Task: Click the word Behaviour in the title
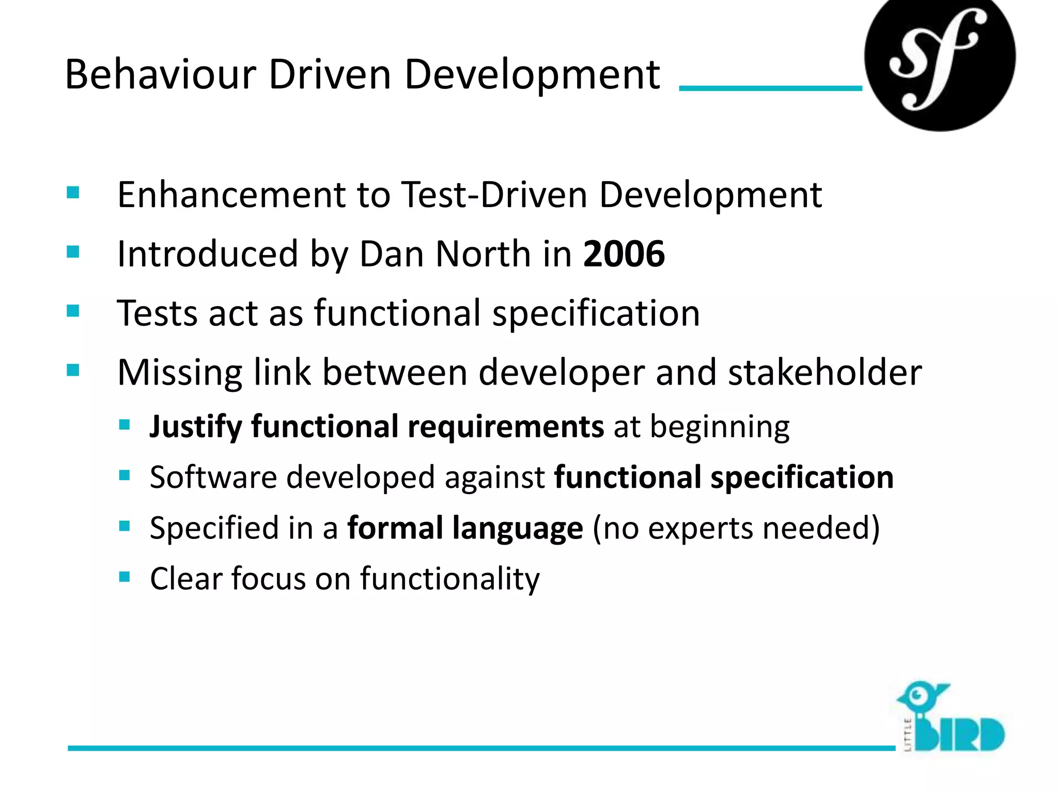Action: pos(160,75)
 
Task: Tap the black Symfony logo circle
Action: pos(939,59)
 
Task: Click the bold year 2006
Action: pos(624,254)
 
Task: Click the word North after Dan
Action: pos(484,254)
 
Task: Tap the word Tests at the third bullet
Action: pos(157,313)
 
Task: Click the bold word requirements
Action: pos(505,427)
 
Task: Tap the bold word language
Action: pos(518,529)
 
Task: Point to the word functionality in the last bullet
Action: pos(449,578)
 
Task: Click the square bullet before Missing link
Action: pos(73,370)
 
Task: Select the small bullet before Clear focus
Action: pos(124,577)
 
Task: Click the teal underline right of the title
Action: pos(770,88)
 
